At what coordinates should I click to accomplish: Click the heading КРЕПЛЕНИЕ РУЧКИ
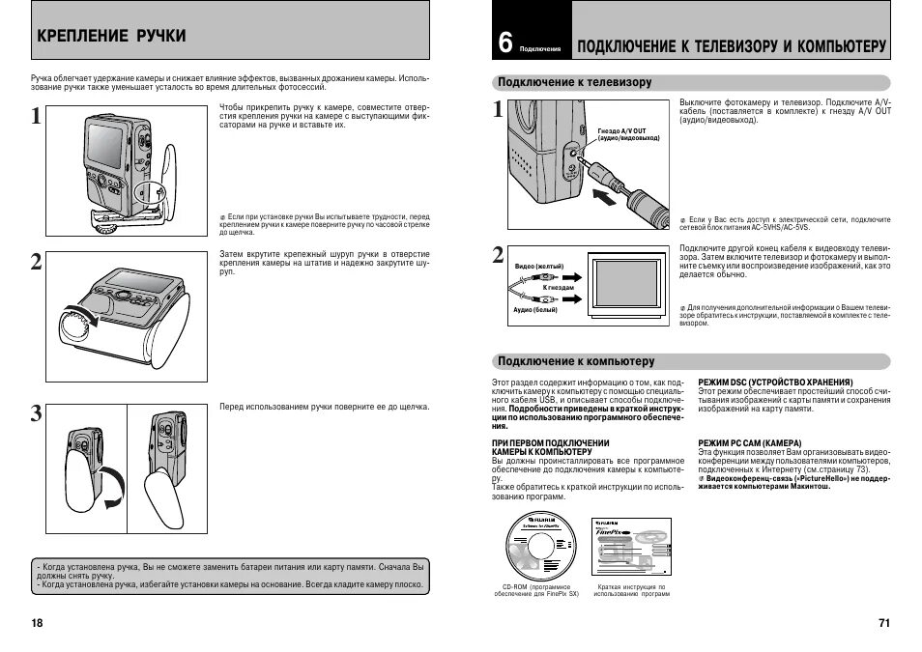tap(112, 36)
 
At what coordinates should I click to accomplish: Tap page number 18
tap(37, 622)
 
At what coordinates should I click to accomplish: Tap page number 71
tap(883, 622)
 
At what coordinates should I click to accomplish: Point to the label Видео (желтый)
tap(538, 265)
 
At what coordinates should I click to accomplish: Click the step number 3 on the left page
tap(36, 414)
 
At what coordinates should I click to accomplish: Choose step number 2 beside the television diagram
tap(498, 255)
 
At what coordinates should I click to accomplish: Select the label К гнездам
tap(558, 288)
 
